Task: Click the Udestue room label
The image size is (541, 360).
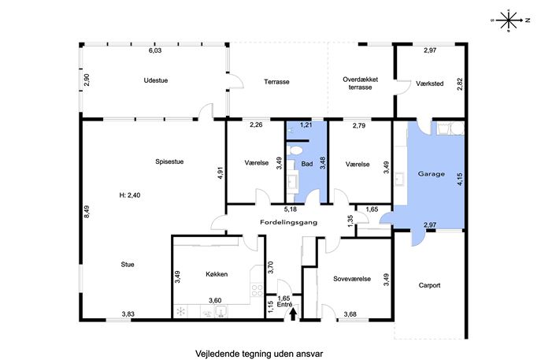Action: (156, 80)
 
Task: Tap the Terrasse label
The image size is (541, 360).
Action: (276, 82)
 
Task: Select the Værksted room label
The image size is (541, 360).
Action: (429, 84)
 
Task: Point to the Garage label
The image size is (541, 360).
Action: (432, 174)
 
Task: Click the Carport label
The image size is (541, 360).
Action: (429, 285)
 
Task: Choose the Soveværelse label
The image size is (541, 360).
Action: (352, 279)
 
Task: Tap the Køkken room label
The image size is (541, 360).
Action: (217, 274)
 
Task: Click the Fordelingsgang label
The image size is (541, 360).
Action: (288, 223)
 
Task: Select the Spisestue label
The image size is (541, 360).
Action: (169, 161)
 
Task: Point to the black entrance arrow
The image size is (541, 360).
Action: (293, 314)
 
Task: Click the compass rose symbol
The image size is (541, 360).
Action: (509, 20)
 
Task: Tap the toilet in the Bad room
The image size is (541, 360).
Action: (295, 150)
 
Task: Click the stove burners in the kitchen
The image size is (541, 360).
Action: (257, 290)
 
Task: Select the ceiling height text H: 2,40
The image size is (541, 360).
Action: (130, 195)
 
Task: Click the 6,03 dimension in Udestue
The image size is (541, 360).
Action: (155, 50)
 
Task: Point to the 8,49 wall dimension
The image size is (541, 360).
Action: (87, 212)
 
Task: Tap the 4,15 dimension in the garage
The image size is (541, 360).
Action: (460, 180)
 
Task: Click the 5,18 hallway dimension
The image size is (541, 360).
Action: (291, 210)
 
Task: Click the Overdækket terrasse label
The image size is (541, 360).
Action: (360, 84)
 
